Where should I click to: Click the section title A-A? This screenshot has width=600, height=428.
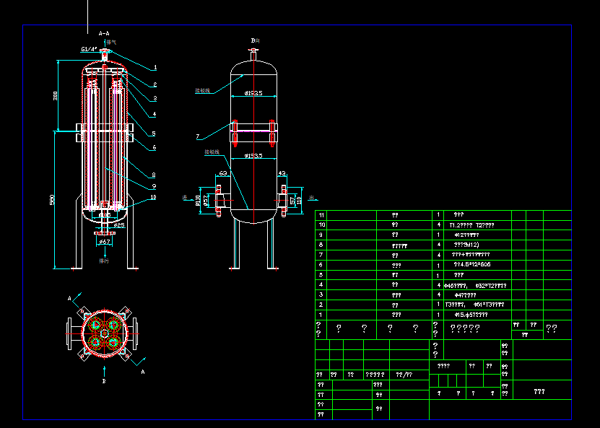pos(103,33)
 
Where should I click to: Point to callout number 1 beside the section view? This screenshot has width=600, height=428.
pos(154,67)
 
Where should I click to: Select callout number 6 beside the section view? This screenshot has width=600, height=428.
pos(154,148)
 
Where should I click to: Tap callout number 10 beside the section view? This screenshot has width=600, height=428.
pos(153,197)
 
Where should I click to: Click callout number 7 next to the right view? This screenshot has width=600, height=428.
pos(197,136)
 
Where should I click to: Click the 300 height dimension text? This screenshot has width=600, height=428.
pos(56,96)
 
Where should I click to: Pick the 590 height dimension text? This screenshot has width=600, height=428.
pos(53,201)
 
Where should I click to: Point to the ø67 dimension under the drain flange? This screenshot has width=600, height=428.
pos(104,243)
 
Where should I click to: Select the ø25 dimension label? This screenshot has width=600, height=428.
pos(119,225)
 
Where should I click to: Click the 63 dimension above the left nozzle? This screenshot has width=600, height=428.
pos(222,173)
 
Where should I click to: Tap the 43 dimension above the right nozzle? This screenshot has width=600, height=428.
pos(282,173)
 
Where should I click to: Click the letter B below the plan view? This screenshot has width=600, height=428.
pos(104,380)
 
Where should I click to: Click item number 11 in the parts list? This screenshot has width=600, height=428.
pos(321,215)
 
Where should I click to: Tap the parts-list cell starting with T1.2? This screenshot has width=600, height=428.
pos(472,225)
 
